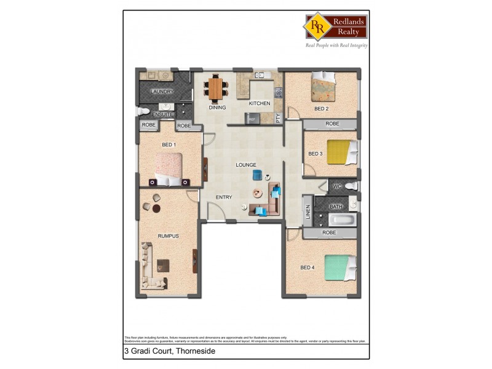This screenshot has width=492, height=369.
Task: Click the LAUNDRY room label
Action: click(x=162, y=92)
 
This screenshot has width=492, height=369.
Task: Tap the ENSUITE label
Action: click(x=163, y=114)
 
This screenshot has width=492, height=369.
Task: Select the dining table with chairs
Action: click(x=215, y=88)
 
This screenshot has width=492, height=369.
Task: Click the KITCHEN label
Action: click(x=260, y=103)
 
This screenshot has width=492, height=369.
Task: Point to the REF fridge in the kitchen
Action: click(x=252, y=119)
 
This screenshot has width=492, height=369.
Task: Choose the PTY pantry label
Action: click(x=278, y=118)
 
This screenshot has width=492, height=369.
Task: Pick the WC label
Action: click(x=337, y=186)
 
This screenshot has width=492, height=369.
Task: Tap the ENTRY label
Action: click(x=224, y=197)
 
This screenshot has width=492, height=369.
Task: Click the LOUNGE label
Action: click(x=246, y=165)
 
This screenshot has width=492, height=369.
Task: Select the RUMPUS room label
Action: click(x=168, y=236)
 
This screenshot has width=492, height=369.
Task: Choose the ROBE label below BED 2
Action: click(x=332, y=124)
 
